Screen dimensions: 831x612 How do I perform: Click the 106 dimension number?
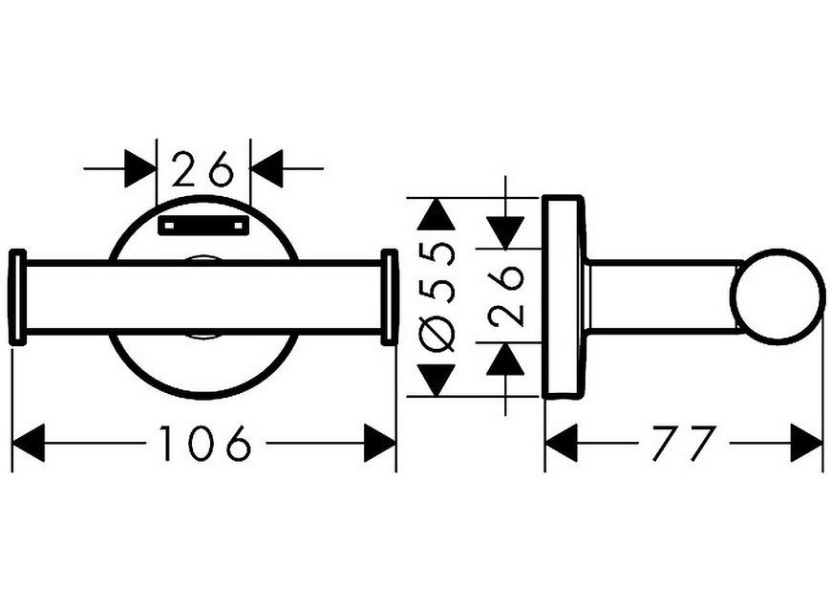(204, 443)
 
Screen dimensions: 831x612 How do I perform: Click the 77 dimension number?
(684, 443)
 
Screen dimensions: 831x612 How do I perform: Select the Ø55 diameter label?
(437, 298)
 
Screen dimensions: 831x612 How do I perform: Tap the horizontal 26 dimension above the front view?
(203, 168)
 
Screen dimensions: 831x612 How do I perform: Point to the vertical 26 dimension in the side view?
(506, 295)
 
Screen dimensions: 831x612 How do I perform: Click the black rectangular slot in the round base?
(203, 225)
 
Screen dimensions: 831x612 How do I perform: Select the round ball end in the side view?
(777, 296)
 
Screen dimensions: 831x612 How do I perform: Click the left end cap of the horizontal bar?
(17, 296)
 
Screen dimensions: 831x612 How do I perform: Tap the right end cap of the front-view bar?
(390, 296)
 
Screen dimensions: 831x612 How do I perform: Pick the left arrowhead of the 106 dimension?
(28, 443)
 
